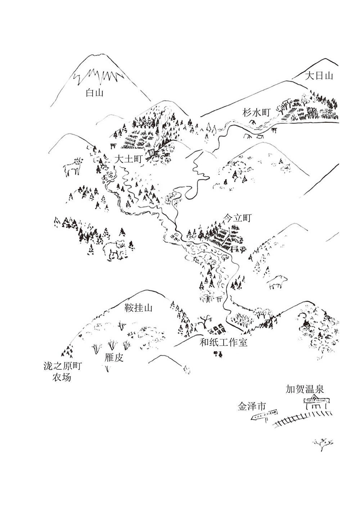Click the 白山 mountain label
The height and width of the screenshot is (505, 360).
pos(95,93)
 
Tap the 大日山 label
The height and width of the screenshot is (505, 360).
pos(319,76)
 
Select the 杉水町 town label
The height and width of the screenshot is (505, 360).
pos(256,113)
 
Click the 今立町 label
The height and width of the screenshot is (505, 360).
pos(237,218)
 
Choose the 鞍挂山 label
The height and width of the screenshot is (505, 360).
pos(139,308)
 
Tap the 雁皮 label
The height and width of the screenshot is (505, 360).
pos(114,358)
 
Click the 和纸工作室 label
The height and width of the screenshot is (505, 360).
pos(224,343)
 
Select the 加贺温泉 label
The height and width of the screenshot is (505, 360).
pos(305,389)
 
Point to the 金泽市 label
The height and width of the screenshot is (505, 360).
pos(252,407)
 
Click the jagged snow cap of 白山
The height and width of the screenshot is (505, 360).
pos(99,76)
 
